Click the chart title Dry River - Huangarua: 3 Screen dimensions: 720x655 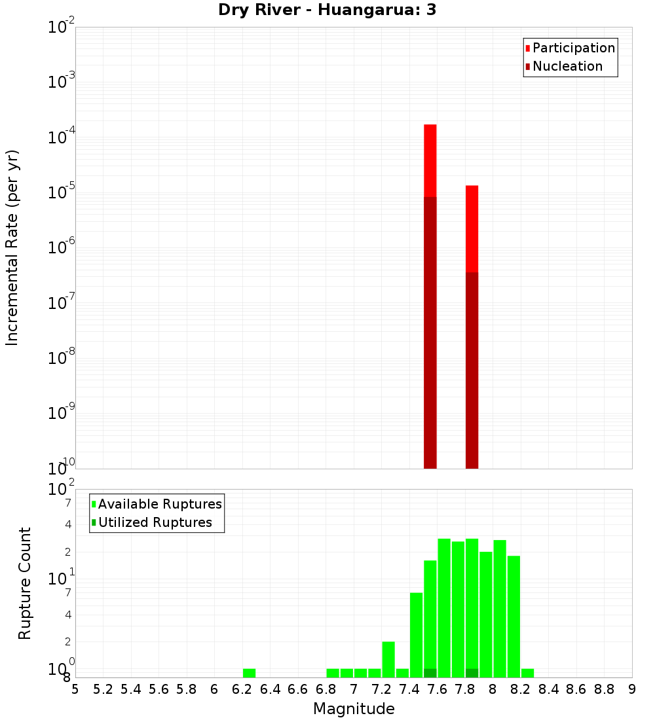(x=327, y=10)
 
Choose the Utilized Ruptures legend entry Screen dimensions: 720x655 (x=155, y=522)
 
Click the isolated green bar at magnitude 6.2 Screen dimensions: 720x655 (x=249, y=673)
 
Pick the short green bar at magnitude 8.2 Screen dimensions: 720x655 (x=527, y=673)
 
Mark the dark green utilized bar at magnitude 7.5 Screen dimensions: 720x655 (x=430, y=673)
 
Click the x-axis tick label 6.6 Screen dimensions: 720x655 (x=298, y=689)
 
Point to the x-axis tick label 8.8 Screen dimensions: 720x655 (x=604, y=689)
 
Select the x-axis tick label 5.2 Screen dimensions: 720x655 (x=103, y=689)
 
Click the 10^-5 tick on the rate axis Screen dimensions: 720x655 (x=62, y=193)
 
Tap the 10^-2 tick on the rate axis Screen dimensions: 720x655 (x=62, y=28)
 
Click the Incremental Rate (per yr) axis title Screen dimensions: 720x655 (x=12, y=248)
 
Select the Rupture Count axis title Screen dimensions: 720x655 (x=25, y=583)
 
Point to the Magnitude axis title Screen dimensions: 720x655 (x=354, y=709)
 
